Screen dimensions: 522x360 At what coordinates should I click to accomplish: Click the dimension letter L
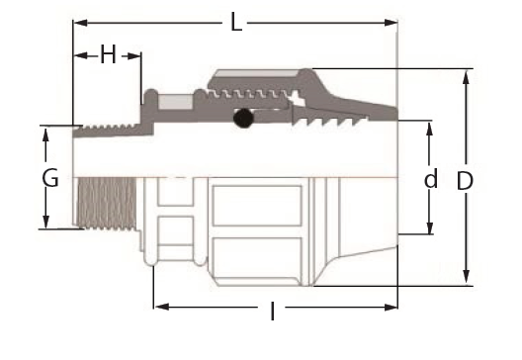236,23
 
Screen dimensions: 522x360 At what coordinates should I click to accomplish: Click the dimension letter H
108,54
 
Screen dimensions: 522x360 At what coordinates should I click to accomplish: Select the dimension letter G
50,177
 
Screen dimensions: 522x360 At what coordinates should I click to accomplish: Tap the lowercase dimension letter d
431,178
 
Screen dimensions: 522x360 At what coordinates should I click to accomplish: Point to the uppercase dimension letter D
465,181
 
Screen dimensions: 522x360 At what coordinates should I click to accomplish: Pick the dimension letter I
273,312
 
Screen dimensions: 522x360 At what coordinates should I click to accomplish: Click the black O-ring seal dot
243,118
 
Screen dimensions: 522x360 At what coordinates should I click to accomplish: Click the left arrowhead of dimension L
80,23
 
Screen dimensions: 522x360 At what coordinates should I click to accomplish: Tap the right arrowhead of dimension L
391,23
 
